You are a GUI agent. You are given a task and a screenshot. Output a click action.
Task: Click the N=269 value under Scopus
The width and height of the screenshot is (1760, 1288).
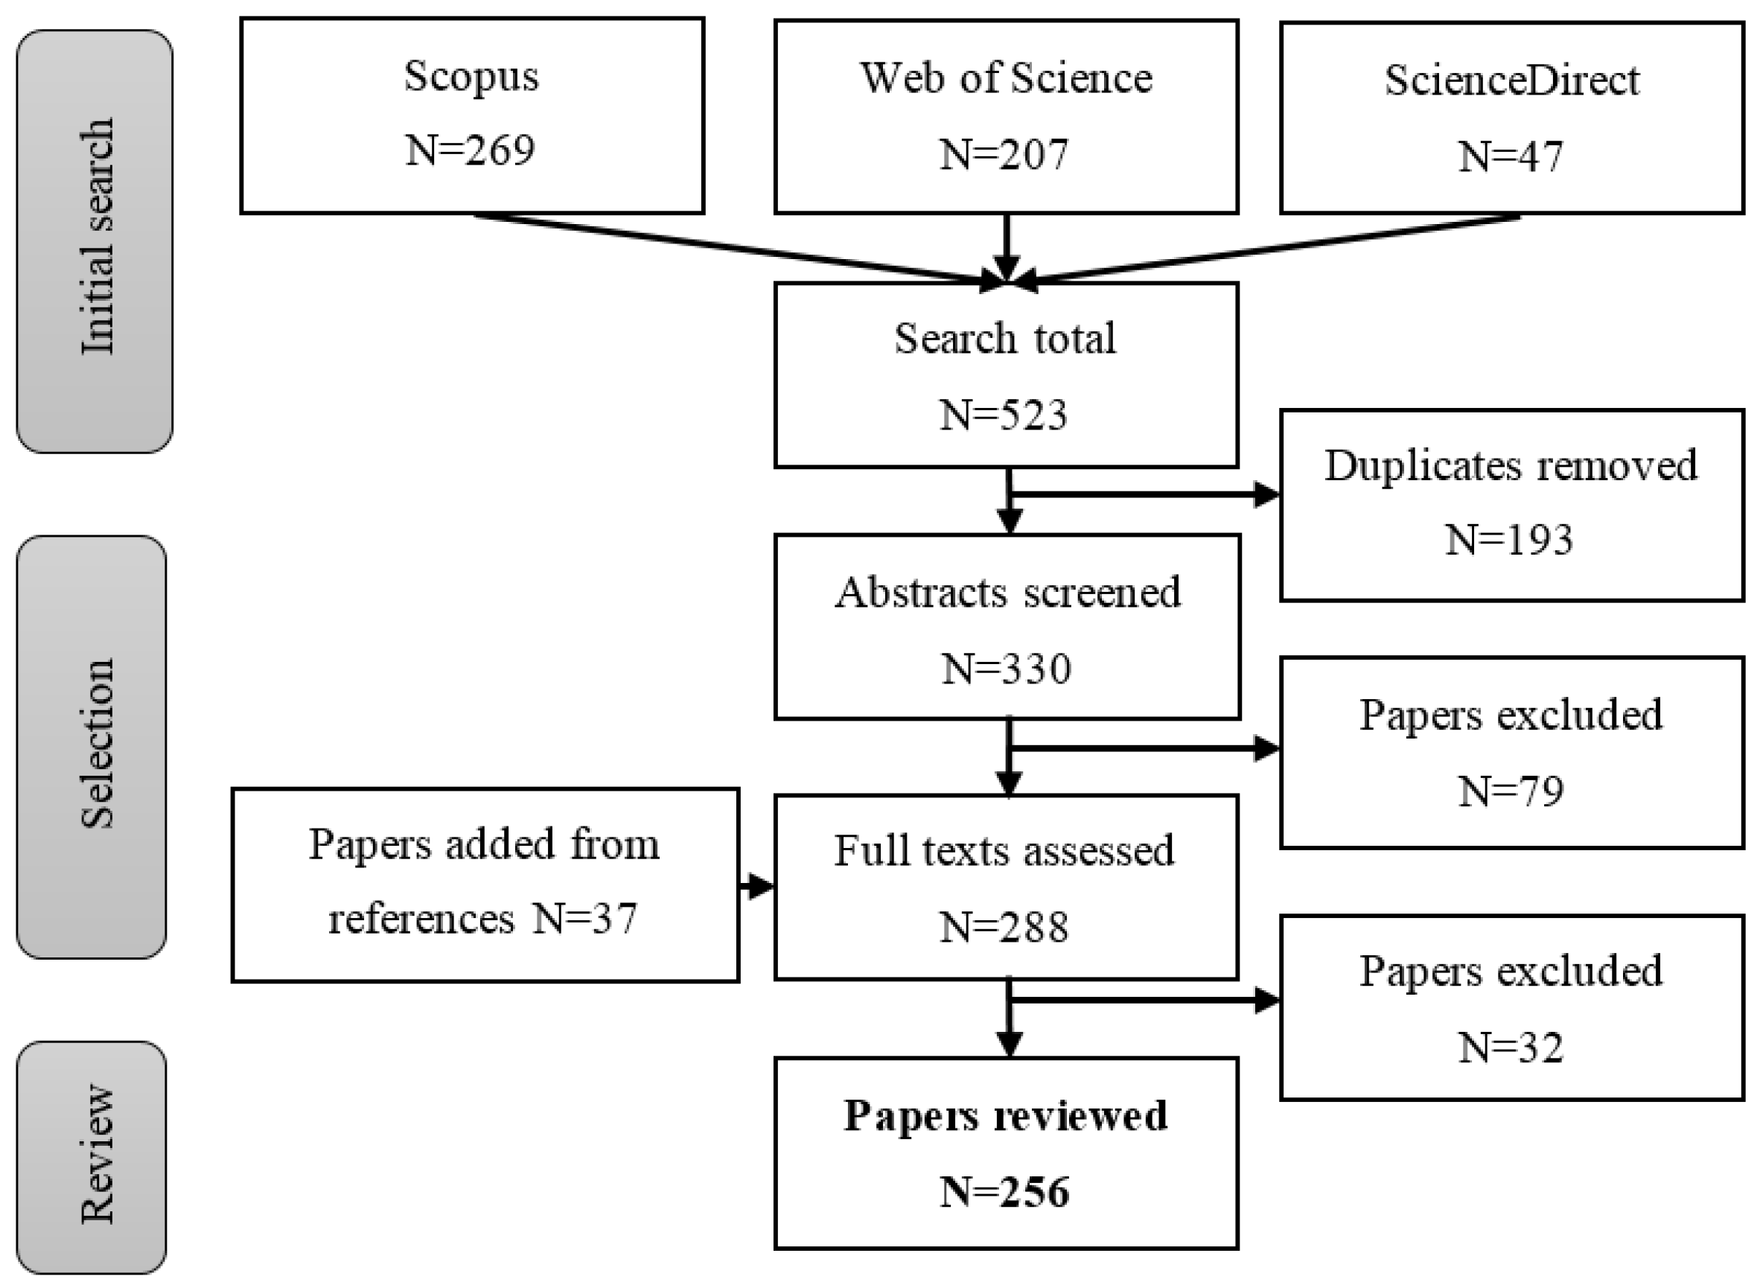470,150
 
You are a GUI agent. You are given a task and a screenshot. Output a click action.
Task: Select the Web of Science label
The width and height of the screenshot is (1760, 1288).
1006,78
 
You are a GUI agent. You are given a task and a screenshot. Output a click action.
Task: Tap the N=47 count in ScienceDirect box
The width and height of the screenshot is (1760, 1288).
1511,156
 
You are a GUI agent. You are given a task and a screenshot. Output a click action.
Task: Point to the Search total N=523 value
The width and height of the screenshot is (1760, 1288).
1004,415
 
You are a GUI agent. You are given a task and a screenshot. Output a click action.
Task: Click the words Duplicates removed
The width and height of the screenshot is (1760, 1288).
1511,466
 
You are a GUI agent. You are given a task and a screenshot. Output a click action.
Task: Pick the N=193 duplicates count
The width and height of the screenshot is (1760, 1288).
1509,540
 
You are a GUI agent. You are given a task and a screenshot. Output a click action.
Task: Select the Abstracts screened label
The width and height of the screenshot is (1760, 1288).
1007,593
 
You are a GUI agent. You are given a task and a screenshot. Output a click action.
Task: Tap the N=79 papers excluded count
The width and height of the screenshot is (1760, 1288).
1511,791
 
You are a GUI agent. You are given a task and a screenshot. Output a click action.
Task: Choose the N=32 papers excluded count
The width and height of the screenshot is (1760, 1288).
1511,1047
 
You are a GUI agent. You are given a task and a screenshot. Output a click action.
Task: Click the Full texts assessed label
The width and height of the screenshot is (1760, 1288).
1004,849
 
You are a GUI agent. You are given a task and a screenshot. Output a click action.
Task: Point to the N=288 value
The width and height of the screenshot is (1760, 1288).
1004,927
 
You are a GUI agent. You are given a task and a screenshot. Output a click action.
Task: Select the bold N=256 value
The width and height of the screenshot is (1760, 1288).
1004,1191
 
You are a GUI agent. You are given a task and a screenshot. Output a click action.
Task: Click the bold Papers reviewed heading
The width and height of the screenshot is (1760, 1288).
1006,1116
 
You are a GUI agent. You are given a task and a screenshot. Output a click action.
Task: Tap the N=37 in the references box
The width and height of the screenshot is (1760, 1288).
584,919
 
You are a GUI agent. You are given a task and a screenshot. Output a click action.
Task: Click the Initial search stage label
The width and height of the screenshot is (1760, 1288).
98,237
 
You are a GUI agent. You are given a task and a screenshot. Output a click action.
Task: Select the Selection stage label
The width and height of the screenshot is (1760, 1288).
98,745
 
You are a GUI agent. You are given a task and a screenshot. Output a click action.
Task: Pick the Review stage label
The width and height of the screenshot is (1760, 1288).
98,1154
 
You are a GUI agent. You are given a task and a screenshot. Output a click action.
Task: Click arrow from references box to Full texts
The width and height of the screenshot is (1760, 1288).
756,887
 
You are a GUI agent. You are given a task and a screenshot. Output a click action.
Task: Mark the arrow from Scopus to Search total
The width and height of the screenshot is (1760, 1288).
733,248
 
